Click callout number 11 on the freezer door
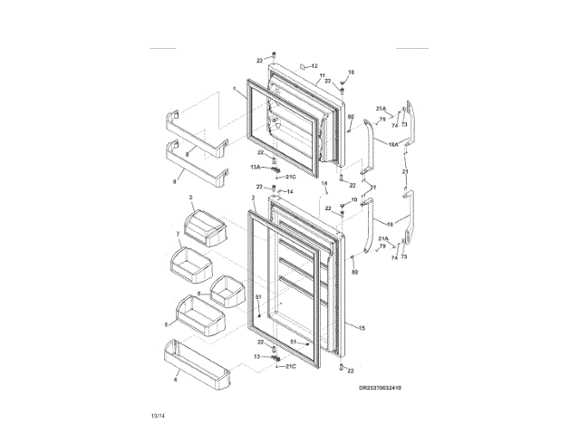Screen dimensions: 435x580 coord(322,75)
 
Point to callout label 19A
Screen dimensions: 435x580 coord(393,143)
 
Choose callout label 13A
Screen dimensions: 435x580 coord(256,168)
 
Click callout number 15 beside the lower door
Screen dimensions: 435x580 coord(362,327)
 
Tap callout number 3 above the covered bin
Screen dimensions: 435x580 coord(191,197)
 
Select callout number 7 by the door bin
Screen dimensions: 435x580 coord(178,234)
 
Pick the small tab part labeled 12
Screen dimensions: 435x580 coord(304,67)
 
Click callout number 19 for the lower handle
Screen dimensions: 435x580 coord(390,222)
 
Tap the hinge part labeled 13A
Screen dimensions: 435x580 coord(270,169)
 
